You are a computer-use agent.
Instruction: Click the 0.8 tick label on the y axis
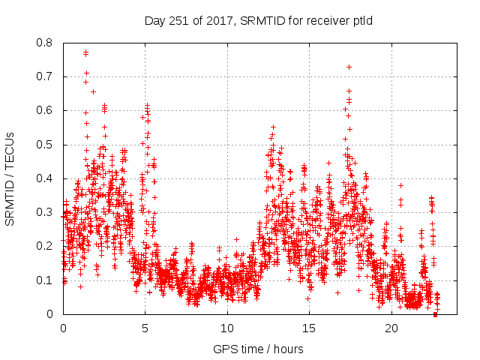click(x=45, y=43)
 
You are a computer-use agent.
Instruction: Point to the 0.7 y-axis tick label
click(x=45, y=76)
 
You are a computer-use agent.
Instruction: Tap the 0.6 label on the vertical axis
click(x=45, y=110)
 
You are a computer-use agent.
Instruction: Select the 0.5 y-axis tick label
click(x=45, y=145)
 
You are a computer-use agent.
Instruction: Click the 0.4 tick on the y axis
click(x=45, y=178)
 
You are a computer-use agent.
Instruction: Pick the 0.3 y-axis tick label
click(x=45, y=212)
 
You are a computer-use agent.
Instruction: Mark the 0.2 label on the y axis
click(x=45, y=246)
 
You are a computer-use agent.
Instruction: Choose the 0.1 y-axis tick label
click(x=45, y=280)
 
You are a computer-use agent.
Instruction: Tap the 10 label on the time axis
click(x=227, y=328)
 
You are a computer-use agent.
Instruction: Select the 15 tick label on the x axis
click(x=310, y=328)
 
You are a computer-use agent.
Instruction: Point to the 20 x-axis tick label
click(x=391, y=328)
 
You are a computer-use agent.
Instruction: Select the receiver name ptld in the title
click(x=361, y=20)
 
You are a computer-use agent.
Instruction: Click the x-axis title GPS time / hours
click(x=258, y=349)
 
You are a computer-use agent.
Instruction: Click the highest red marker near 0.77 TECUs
click(x=85, y=52)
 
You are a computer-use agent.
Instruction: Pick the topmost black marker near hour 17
click(x=349, y=67)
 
